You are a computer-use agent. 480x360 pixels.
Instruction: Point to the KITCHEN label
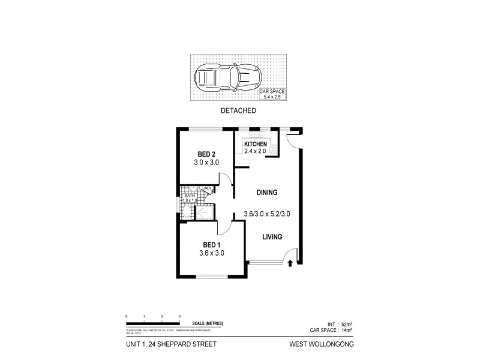click(256, 144)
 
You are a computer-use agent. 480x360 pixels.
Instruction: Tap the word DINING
click(266, 193)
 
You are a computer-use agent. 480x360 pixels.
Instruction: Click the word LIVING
click(273, 237)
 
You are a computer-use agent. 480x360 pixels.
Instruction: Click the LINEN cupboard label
click(206, 188)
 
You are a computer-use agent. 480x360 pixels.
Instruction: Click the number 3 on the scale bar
click(179, 316)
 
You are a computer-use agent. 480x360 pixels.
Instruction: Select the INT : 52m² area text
click(340, 323)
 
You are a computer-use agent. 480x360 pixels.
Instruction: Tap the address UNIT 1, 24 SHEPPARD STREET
click(158, 344)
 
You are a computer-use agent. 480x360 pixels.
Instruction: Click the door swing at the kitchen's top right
click(293, 139)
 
